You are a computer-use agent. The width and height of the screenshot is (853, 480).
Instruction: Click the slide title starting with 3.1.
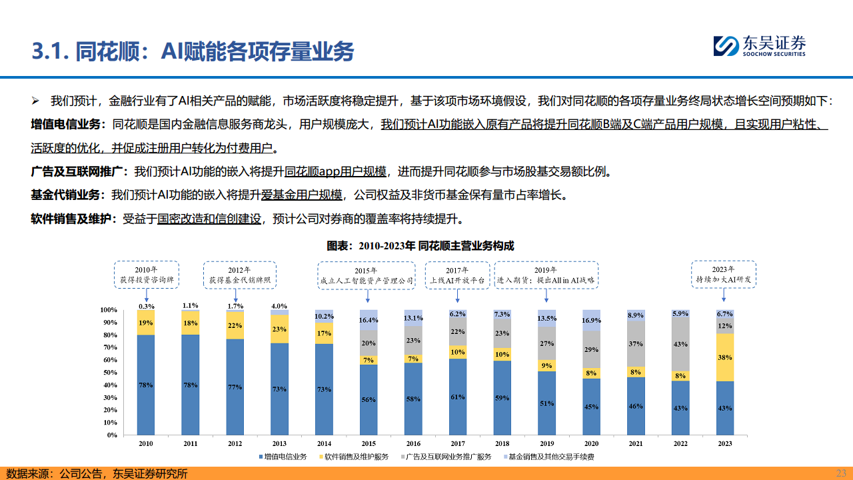[x=193, y=51]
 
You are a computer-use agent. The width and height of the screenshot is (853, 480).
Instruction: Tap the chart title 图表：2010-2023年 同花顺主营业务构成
[x=420, y=246]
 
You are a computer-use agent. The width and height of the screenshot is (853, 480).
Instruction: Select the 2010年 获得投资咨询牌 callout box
[x=146, y=274]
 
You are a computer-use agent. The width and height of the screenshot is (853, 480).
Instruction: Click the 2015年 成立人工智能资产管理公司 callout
[x=366, y=276]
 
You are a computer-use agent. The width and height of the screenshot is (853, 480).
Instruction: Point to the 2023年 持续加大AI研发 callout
[x=722, y=274]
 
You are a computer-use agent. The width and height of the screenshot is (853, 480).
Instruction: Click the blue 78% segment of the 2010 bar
[x=146, y=385]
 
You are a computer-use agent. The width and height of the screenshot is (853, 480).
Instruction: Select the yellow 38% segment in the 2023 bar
[x=725, y=357]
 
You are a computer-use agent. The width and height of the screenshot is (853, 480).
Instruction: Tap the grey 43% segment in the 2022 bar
[x=680, y=344]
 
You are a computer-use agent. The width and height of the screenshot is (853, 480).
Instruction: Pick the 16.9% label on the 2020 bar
[x=591, y=319]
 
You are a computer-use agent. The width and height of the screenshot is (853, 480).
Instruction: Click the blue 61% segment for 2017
[x=457, y=397]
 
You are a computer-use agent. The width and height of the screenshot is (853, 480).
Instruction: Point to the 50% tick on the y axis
[x=109, y=372]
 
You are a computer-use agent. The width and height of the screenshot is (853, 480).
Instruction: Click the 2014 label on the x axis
[x=324, y=443]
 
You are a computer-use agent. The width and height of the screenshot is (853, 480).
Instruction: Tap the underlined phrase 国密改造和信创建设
[x=209, y=218]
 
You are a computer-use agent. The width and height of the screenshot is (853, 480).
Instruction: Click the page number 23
[x=841, y=473]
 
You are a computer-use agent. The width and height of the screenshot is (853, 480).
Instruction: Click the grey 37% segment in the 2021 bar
[x=636, y=343]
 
